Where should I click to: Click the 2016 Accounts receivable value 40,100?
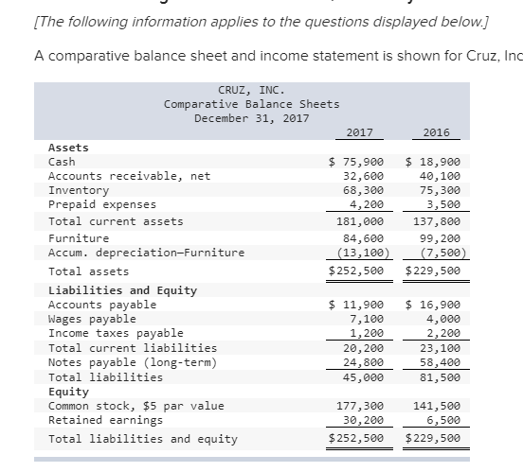click(440, 176)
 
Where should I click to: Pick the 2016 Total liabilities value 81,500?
click(440, 376)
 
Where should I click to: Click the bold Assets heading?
click(68, 148)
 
